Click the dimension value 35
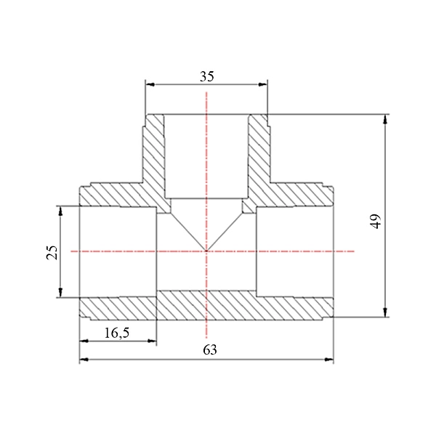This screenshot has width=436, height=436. pyautogui.click(x=207, y=76)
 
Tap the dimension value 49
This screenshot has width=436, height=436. pyautogui.click(x=376, y=222)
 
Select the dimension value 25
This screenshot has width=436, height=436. pyautogui.click(x=52, y=252)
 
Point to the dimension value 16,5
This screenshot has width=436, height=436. pyautogui.click(x=117, y=333)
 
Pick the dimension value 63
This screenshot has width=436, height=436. pyautogui.click(x=210, y=350)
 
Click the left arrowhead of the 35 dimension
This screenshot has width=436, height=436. pyautogui.click(x=150, y=84)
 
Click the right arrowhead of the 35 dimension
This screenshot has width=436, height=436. pyautogui.click(x=262, y=84)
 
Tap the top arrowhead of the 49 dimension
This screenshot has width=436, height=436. pyautogui.click(x=385, y=120)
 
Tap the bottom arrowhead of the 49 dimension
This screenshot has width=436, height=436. pyautogui.click(x=385, y=312)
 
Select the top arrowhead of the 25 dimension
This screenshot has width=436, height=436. pyautogui.click(x=60, y=211)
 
